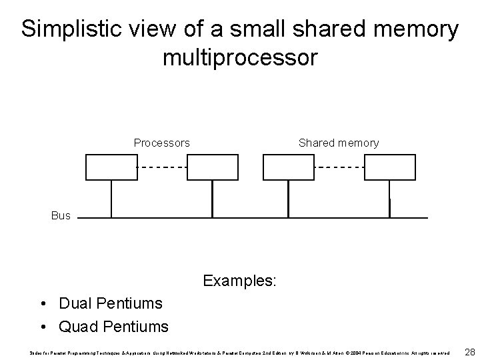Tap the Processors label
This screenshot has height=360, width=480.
point(161,143)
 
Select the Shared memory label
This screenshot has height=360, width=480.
point(339,143)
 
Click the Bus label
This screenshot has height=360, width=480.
point(61,216)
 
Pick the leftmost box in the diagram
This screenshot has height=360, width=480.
point(111,167)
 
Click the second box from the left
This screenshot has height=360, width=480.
point(212,167)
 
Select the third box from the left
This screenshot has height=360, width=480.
point(289,167)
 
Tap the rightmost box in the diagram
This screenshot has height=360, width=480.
point(390,167)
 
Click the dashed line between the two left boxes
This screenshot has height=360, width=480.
point(162,167)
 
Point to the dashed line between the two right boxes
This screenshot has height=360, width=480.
point(339,167)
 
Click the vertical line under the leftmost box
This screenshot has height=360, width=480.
point(111,199)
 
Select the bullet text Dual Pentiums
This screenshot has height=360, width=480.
point(111,303)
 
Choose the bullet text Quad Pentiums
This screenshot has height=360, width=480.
point(113,327)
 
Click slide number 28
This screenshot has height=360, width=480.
point(469,351)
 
